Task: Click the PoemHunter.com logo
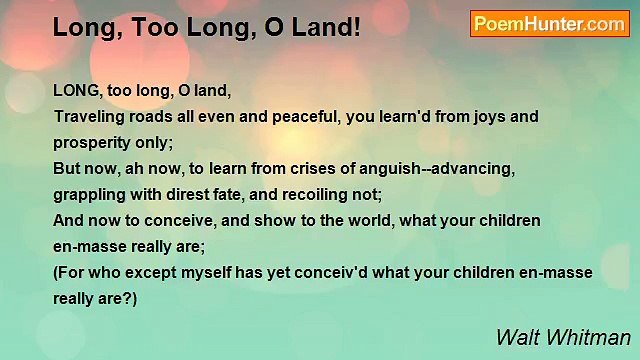tap(549, 23)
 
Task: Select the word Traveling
tap(87, 116)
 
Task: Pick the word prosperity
tap(91, 142)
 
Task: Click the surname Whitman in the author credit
tap(595, 337)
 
